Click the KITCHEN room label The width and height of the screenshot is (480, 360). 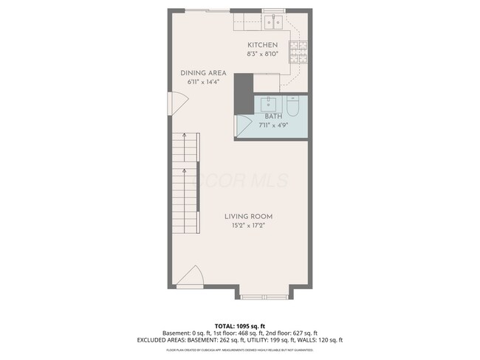pos(262,44)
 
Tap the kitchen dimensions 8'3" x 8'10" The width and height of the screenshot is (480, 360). pos(262,53)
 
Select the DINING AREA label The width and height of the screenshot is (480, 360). pos(203,73)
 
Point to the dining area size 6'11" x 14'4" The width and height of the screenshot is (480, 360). pos(203,83)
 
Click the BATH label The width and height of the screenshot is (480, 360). pos(273,117)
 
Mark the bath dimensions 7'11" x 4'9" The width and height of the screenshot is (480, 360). pos(273,125)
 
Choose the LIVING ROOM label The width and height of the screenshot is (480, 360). pos(249,216)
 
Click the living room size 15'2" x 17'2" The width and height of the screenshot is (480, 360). pos(249,226)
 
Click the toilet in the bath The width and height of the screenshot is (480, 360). pos(292,108)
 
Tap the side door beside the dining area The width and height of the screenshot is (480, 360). pos(175,102)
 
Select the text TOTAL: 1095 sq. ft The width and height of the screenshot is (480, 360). pos(239,325)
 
